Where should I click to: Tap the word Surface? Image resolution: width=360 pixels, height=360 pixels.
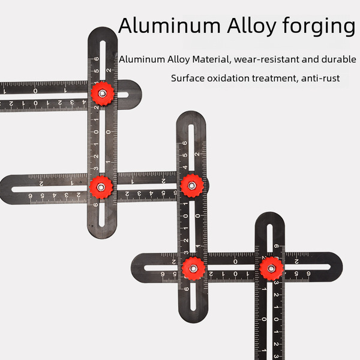point(188,78)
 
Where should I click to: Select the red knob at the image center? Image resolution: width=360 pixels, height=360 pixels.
point(191,185)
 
